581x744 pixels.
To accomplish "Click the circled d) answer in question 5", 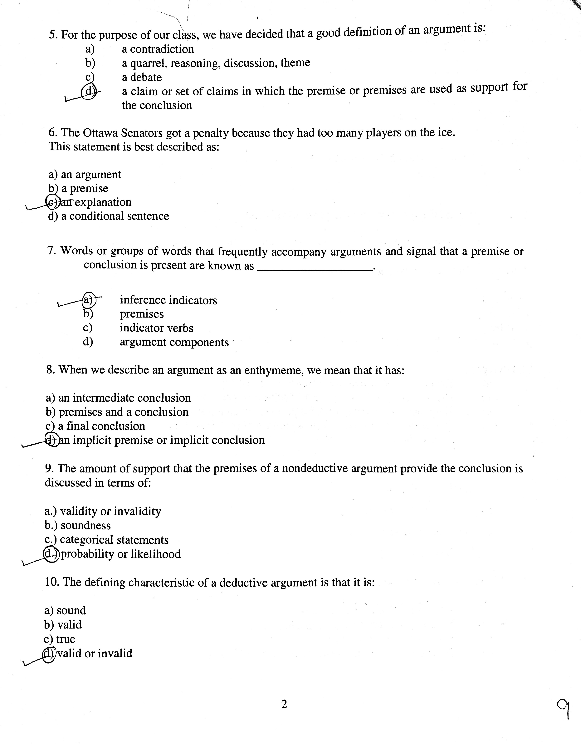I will click(88, 91).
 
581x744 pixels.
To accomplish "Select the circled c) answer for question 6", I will click(52, 202).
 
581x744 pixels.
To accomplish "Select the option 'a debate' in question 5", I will click(142, 77).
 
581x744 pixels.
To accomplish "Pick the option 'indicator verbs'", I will click(156, 328).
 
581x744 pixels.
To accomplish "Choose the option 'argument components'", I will click(174, 342).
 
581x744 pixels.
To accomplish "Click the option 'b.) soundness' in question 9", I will click(78, 526).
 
